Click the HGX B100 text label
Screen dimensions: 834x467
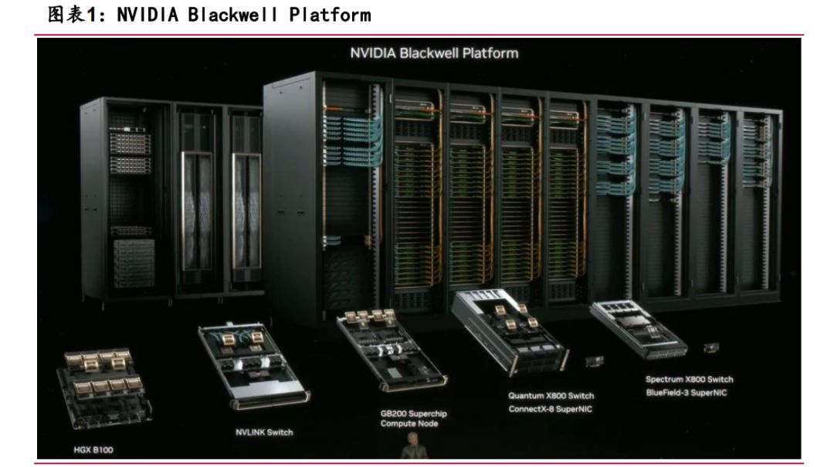pos(93,450)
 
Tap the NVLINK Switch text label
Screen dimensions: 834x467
pos(264,432)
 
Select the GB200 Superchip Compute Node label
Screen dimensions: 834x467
pos(413,418)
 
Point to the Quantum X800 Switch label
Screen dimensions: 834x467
pos(551,396)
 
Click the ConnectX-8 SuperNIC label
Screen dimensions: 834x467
pos(550,409)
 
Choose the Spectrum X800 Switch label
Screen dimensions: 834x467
pos(689,379)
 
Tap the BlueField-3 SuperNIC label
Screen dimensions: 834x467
pos(687,393)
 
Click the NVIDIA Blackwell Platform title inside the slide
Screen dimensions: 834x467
pos(434,53)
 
